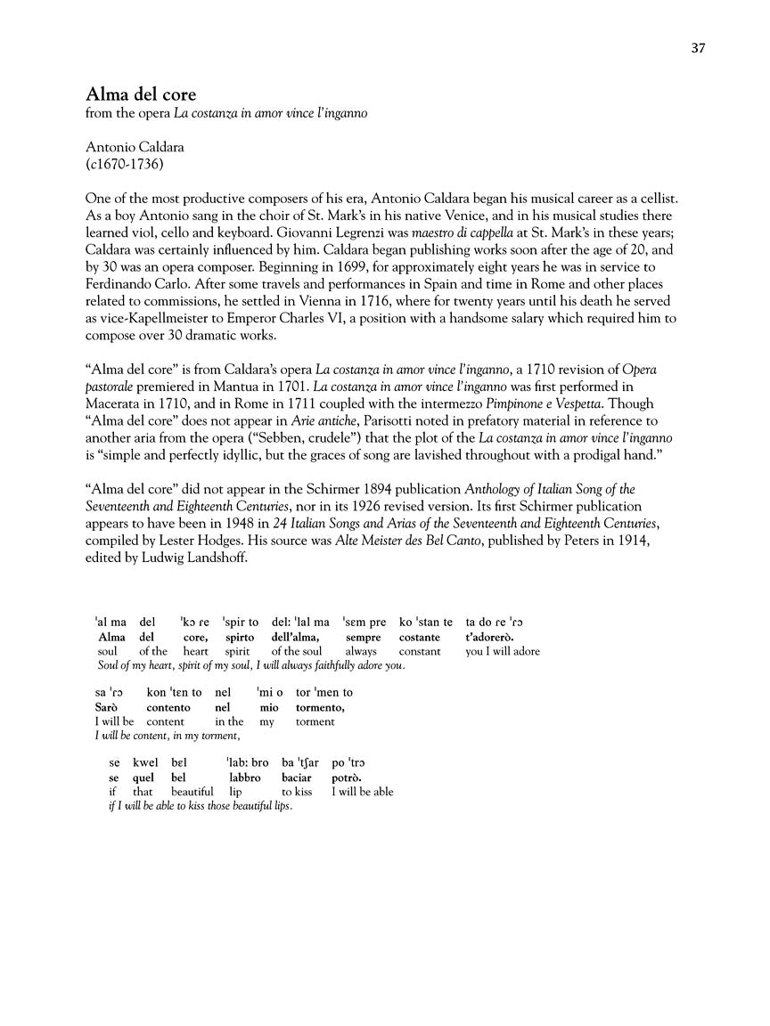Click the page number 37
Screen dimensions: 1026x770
click(698, 48)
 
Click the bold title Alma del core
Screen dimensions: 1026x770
click(141, 94)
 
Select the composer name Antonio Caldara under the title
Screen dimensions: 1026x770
click(134, 147)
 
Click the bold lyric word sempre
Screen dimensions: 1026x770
click(363, 638)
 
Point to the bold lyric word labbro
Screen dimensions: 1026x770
click(244, 777)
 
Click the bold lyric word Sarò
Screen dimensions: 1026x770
click(107, 707)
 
